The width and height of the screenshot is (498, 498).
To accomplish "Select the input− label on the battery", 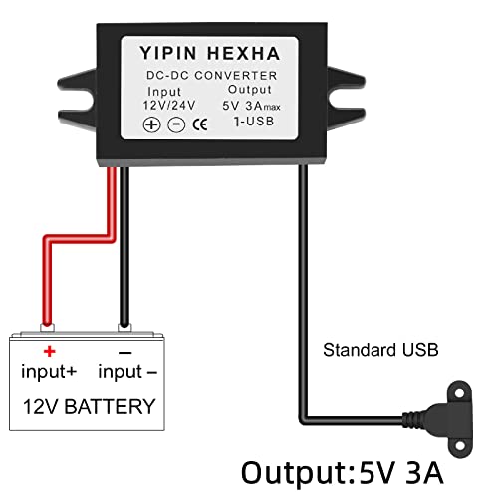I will (x=128, y=373).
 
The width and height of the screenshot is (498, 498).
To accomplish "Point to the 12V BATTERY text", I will (x=91, y=406).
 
